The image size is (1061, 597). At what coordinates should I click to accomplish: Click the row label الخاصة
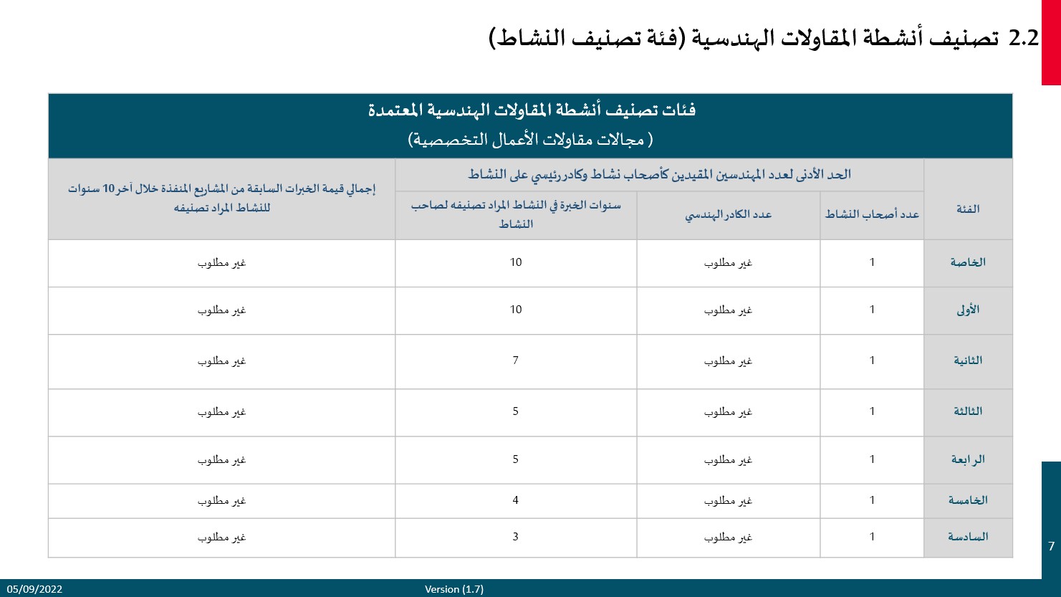(968, 262)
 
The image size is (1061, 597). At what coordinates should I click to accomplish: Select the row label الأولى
(968, 310)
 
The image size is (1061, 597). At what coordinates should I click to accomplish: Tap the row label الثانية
(968, 360)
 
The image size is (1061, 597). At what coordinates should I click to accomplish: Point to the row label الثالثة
(968, 411)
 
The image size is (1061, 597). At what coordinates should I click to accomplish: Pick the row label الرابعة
(968, 459)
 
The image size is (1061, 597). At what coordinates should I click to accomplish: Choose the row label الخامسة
(968, 500)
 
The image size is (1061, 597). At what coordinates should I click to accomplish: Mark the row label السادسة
(968, 537)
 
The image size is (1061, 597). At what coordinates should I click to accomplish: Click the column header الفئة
(968, 209)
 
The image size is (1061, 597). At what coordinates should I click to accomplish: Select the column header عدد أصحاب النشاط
(872, 214)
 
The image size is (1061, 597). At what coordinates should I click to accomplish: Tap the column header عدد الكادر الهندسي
(728, 214)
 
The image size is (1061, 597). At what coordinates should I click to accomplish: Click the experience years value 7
(515, 360)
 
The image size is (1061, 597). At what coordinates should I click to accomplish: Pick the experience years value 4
(515, 500)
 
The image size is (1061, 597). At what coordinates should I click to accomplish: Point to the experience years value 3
(515, 537)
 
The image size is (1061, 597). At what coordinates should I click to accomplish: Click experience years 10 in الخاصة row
(516, 262)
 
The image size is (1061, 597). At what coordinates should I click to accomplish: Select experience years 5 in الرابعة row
(515, 459)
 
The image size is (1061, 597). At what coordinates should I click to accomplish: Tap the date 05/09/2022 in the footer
(35, 589)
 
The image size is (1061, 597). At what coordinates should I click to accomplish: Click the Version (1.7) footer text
(454, 589)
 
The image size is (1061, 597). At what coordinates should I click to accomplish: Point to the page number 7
(1051, 546)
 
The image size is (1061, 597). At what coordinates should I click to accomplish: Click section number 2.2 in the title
(1023, 38)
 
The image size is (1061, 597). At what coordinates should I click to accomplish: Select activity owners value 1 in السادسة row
(872, 537)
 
